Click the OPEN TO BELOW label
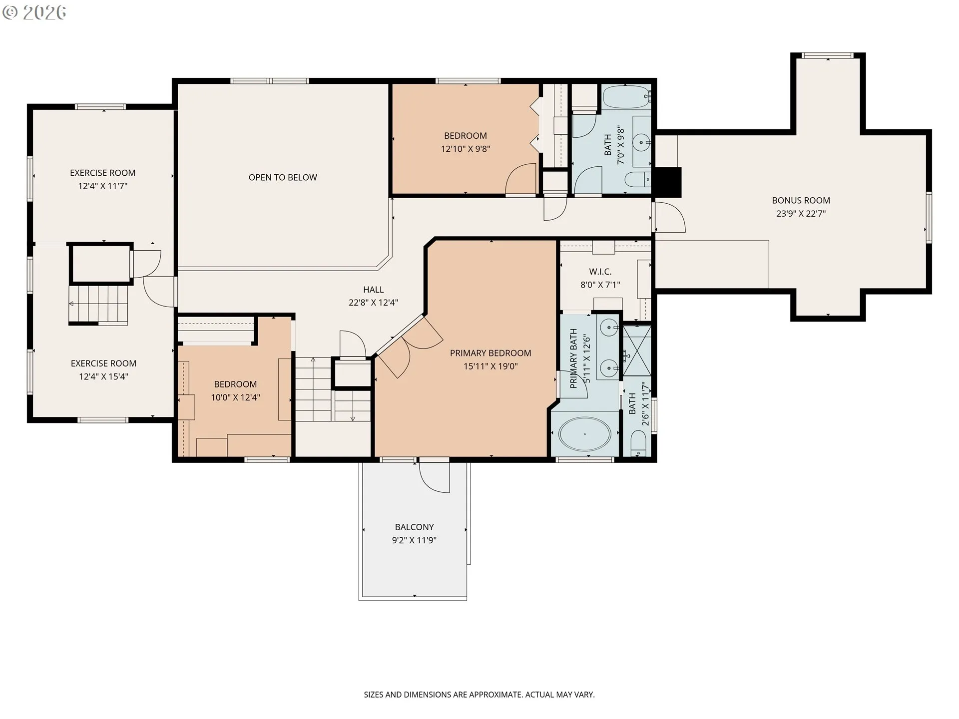coord(283,177)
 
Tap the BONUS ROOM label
coord(801,200)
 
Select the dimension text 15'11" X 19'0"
coord(490,366)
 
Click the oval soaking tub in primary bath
coord(585,434)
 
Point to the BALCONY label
coord(414,527)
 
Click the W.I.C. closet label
coord(600,272)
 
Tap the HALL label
coord(373,290)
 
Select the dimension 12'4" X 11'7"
coord(103,186)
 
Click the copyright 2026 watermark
coord(34,12)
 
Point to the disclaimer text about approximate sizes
coord(479,695)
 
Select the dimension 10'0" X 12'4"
coord(235,397)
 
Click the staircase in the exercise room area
coord(100,304)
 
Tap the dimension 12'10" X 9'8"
coord(465,148)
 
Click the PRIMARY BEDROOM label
coord(490,353)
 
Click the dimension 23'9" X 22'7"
coord(801,213)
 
